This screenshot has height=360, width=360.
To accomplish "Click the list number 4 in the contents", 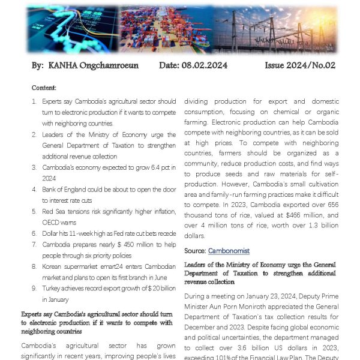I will pos(34,190).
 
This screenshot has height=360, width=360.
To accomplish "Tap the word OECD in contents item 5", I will pos(51,222).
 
